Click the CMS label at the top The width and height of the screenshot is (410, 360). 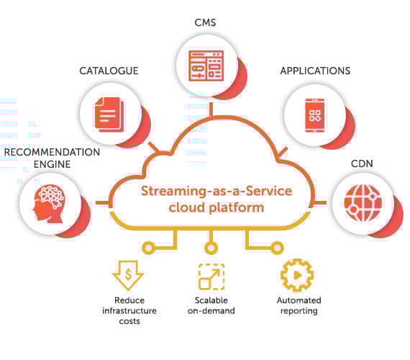[x=206, y=23]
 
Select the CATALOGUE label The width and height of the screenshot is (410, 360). [x=109, y=71]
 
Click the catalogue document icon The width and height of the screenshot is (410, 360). [x=109, y=113]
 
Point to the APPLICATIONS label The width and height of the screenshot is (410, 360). [x=315, y=71]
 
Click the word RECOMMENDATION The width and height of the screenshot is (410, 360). [x=52, y=153]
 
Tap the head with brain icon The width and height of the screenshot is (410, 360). [x=48, y=202]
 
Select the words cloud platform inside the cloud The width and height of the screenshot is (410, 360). [x=206, y=207]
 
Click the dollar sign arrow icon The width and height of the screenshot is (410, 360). [x=129, y=275]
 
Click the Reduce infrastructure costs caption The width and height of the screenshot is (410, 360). [x=129, y=310]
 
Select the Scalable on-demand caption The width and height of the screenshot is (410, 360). [x=211, y=305]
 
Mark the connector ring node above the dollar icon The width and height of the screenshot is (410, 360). [x=149, y=248]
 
